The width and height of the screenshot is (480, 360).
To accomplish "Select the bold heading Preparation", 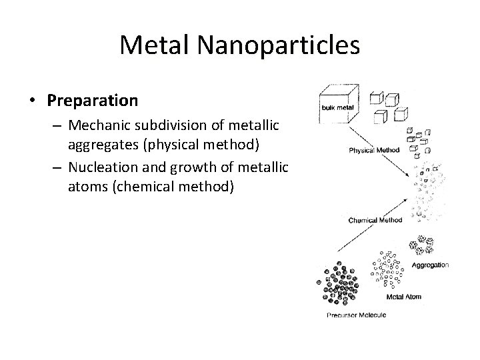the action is click(93, 101).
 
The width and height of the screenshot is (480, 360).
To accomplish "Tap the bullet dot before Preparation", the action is click(33, 101).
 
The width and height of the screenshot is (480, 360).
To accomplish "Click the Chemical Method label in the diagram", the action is click(375, 220).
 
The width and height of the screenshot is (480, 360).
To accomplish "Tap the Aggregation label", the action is click(430, 265).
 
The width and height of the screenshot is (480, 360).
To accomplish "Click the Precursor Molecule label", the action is click(355, 316).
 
